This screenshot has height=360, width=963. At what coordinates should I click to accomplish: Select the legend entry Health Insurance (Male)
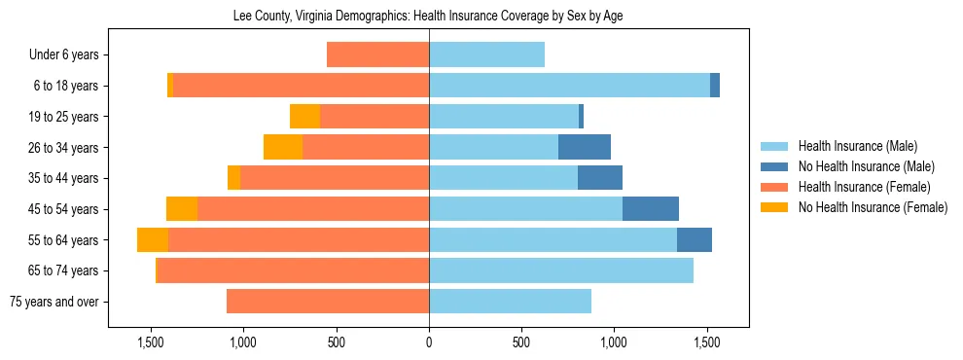(857, 147)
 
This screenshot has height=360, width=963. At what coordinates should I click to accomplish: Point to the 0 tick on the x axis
(429, 342)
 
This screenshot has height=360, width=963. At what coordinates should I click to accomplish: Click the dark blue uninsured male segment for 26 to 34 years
(585, 148)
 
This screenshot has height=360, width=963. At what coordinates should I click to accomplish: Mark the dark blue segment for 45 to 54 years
(651, 209)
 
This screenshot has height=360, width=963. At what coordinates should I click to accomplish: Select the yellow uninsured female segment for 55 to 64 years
(153, 240)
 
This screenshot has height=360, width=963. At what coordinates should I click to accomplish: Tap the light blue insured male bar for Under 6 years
(486, 55)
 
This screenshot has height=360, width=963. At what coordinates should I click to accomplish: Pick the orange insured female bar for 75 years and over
(328, 302)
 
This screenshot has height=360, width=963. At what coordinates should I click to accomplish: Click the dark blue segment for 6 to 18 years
(715, 86)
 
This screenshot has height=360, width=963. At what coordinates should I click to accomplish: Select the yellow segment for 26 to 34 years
(283, 148)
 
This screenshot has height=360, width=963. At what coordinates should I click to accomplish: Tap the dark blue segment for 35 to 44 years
(600, 178)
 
